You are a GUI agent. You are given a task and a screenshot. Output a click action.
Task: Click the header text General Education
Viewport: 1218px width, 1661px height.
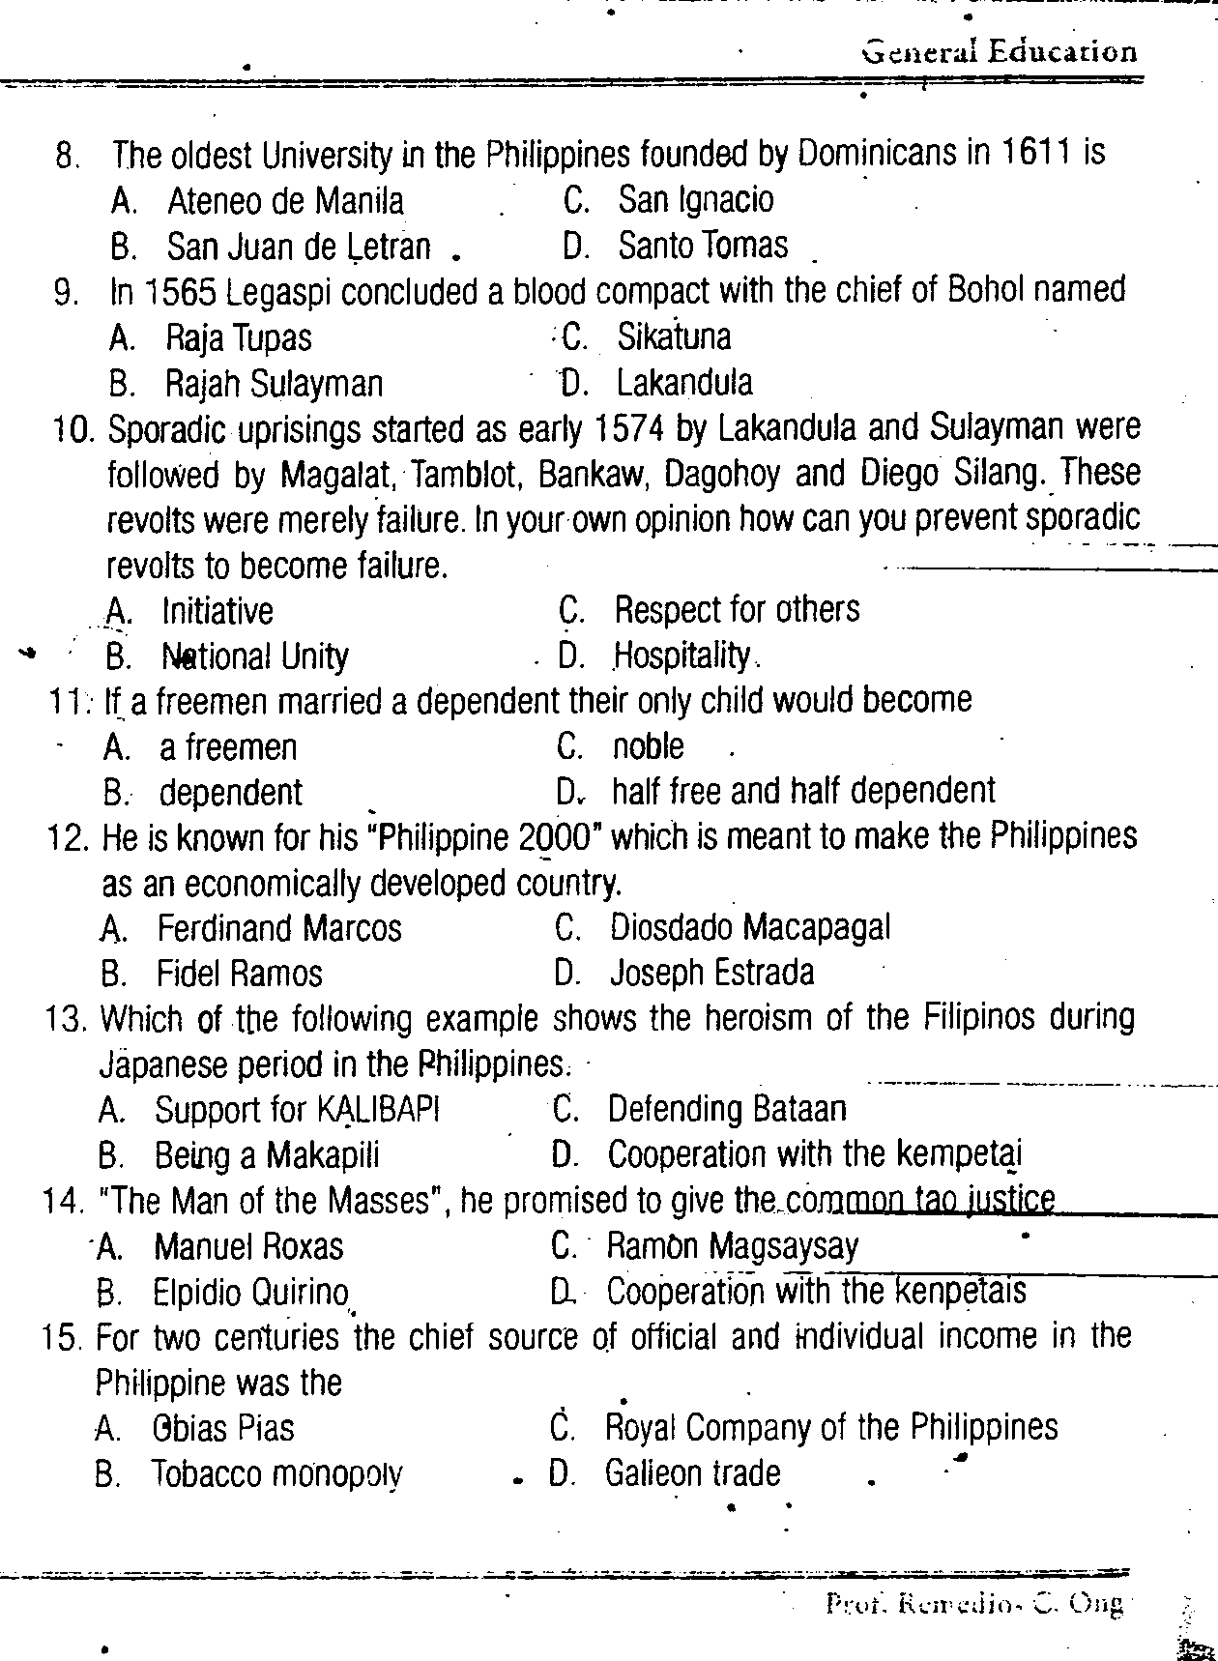[1000, 51]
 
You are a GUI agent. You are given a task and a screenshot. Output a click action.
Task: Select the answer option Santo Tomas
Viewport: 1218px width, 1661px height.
[703, 246]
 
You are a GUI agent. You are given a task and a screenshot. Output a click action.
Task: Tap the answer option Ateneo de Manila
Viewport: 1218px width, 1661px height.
[285, 201]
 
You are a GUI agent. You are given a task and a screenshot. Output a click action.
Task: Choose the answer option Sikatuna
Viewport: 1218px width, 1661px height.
[674, 337]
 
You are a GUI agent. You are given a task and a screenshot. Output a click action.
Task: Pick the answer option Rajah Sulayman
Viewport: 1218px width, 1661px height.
[274, 385]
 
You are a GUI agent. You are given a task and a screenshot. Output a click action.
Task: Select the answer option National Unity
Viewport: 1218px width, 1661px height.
[254, 657]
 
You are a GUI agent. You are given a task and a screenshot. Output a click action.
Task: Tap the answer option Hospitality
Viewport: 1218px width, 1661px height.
[682, 656]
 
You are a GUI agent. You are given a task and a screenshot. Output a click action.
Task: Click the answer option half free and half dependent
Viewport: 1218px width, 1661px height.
[803, 792]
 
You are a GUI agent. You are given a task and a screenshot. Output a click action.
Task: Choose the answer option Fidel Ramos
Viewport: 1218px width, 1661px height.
[239, 974]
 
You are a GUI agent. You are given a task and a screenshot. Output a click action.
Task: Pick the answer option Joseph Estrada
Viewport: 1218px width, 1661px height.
[711, 973]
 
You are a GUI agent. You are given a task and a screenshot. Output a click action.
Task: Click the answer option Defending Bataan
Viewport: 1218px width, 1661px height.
[726, 1109]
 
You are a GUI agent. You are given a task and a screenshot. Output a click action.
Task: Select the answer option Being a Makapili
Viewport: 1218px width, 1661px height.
[267, 1155]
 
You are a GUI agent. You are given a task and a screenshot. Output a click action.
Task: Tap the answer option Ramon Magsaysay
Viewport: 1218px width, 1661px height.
[732, 1246]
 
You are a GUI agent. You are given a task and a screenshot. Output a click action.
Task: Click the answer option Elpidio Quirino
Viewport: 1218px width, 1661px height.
[250, 1293]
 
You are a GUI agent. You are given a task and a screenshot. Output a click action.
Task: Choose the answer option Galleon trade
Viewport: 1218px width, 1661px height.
[692, 1473]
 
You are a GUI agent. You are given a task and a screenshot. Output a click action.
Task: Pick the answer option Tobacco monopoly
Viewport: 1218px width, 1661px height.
[276, 1475]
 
